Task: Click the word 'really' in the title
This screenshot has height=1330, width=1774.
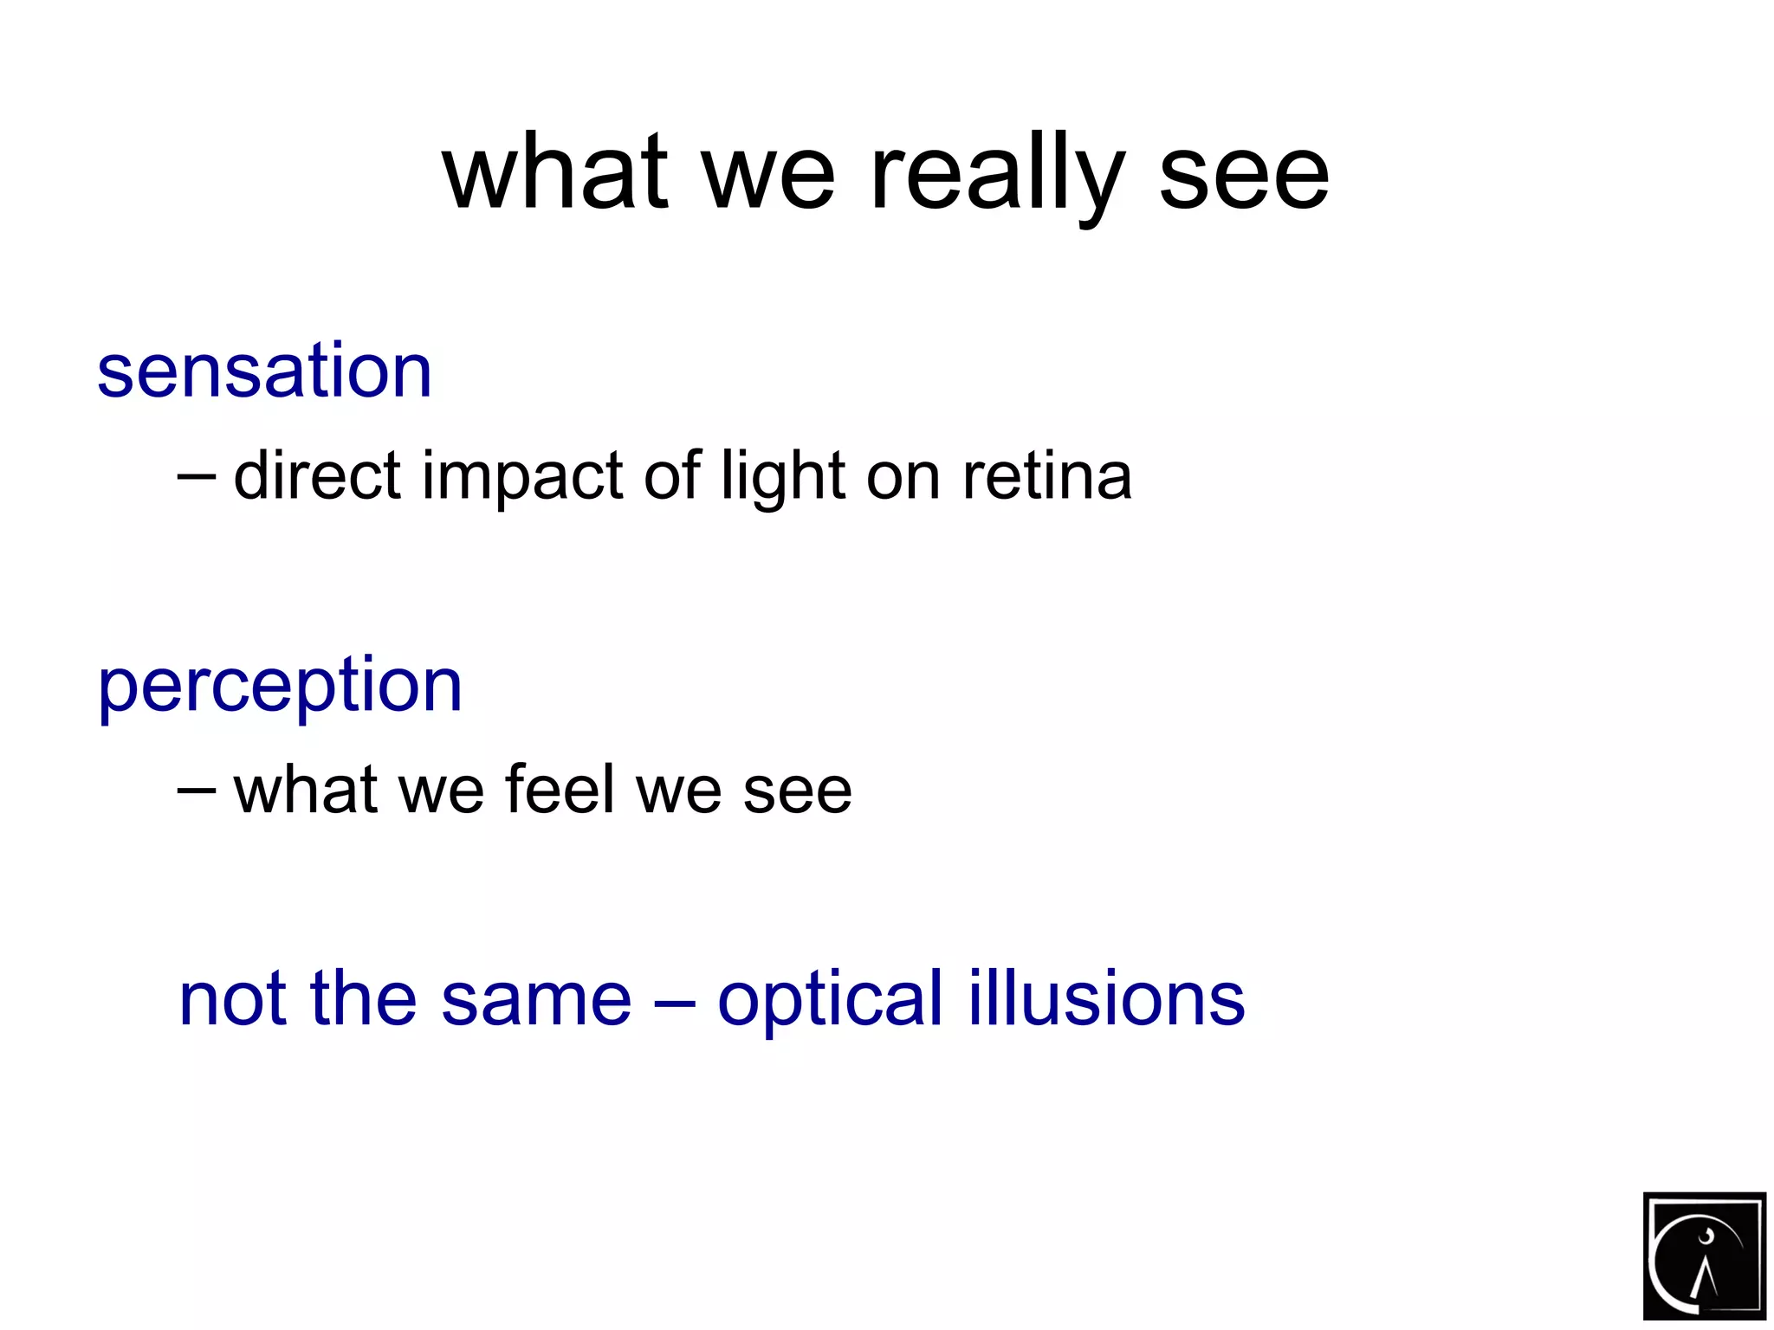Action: [x=996, y=173]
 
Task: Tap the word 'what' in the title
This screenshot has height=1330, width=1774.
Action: [x=554, y=173]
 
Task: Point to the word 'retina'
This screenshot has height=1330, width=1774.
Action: [x=1046, y=476]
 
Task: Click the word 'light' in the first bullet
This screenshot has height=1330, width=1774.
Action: [x=783, y=478]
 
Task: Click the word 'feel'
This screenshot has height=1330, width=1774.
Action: [x=560, y=790]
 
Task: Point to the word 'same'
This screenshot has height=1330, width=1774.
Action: [x=536, y=1000]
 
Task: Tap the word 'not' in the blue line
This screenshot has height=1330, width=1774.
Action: [x=231, y=1000]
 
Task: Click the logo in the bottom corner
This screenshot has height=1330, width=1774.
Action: [x=1704, y=1255]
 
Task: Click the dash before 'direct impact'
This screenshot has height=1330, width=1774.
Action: [x=197, y=476]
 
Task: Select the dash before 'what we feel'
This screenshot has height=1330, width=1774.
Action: [x=197, y=790]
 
